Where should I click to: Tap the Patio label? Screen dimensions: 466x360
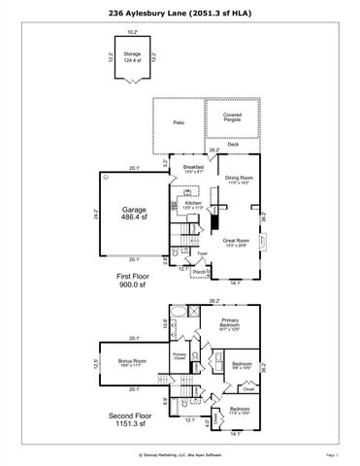179,123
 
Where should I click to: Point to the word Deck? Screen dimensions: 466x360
233,144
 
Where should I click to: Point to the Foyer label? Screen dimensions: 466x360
202,254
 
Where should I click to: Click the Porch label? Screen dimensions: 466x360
198,273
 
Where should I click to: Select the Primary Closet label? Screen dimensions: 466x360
180,356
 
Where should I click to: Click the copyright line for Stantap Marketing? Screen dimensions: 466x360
180,453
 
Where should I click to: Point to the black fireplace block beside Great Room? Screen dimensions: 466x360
214,220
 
